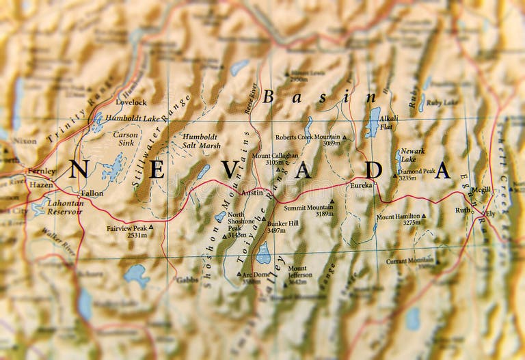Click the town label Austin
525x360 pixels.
[252, 193]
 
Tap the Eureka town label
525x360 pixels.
[362, 185]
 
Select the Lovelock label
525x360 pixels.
[131, 102]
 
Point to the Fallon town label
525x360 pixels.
[92, 193]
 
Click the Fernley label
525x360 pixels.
[41, 171]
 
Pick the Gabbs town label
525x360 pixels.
[187, 279]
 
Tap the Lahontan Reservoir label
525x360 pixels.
[65, 207]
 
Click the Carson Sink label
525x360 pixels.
[125, 139]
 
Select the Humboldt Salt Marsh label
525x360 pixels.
[201, 141]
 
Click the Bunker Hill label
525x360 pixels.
[282, 227]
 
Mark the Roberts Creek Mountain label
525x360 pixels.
[308, 140]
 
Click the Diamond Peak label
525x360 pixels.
[417, 175]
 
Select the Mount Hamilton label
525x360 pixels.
[399, 220]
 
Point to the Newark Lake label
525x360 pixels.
[413, 155]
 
